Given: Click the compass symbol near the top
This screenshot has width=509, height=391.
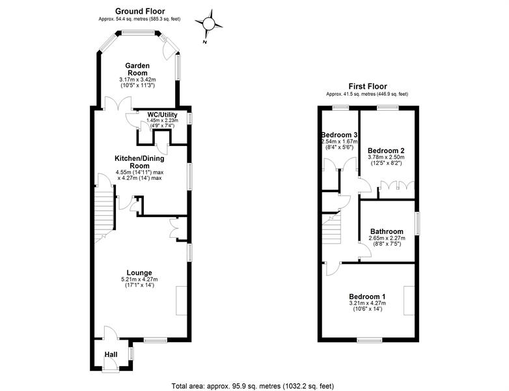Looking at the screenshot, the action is [x=209, y=24].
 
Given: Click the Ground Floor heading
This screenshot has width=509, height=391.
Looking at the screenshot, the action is [x=140, y=11].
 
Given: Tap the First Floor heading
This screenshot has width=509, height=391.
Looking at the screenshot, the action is [x=368, y=87].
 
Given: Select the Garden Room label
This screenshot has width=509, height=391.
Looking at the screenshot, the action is [x=137, y=69].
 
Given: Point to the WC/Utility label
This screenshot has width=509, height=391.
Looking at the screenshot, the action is [x=162, y=115].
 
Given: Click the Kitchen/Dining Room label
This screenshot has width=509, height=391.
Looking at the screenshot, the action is [x=139, y=162].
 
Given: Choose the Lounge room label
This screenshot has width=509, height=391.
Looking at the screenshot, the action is [x=139, y=273].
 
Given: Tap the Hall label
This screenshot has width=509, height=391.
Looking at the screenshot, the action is [x=111, y=355].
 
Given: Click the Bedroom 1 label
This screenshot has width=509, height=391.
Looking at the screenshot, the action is [x=367, y=297].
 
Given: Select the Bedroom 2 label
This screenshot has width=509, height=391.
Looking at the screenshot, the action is [x=386, y=151].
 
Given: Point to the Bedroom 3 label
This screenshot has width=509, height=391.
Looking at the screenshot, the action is [x=339, y=135].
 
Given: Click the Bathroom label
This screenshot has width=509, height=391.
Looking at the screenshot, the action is [x=387, y=232].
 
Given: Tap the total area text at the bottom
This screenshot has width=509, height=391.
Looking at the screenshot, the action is [x=253, y=386].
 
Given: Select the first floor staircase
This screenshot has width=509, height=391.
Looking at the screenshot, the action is [x=331, y=229].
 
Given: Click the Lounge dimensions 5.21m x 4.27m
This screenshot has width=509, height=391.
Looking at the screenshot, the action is [x=139, y=280].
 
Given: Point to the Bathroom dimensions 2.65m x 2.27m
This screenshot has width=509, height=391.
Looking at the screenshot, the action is [x=387, y=239].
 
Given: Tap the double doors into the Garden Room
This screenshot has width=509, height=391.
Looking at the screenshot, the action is [x=118, y=104].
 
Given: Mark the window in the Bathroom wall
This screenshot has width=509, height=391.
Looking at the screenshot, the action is [x=417, y=224].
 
